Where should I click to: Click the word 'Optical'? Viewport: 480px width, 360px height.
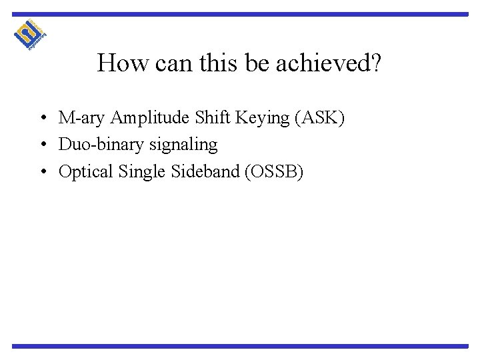(85, 172)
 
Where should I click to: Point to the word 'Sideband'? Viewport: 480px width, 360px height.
(203, 172)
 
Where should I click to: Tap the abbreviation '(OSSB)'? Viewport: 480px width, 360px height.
(273, 172)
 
